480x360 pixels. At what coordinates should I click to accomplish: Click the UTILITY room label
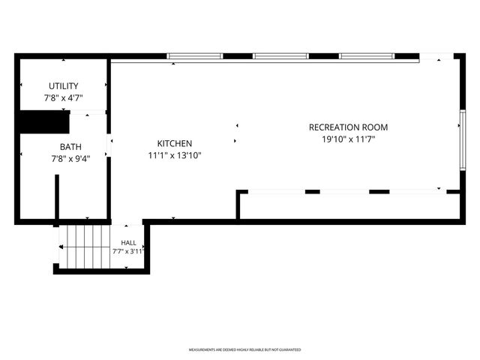pyautogui.click(x=63, y=86)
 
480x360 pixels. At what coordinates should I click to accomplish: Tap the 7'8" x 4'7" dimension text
pyautogui.click(x=63, y=98)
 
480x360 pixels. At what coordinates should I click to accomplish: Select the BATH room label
pyautogui.click(x=70, y=147)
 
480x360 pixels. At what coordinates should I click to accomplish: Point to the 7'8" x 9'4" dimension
pyautogui.click(x=70, y=159)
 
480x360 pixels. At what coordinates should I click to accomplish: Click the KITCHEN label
pyautogui.click(x=175, y=143)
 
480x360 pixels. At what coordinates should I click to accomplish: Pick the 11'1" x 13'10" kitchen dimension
pyautogui.click(x=175, y=155)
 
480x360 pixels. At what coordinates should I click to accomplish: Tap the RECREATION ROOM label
pyautogui.click(x=348, y=127)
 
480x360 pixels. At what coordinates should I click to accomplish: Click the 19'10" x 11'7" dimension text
pyautogui.click(x=348, y=139)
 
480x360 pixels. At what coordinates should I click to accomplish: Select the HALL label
pyautogui.click(x=128, y=243)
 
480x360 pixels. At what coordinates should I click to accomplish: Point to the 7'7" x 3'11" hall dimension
pyautogui.click(x=128, y=252)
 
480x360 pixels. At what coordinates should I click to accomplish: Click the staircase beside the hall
pyautogui.click(x=85, y=247)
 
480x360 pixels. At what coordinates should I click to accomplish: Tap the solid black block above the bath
pyautogui.click(x=45, y=121)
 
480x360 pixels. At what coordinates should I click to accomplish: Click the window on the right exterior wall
pyautogui.click(x=463, y=140)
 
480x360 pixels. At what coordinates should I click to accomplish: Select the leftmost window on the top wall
pyautogui.click(x=195, y=56)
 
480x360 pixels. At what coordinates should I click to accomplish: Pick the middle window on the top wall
pyautogui.click(x=280, y=56)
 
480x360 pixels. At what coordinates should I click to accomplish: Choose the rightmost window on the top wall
pyautogui.click(x=367, y=56)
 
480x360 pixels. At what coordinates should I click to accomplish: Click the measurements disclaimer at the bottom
pyautogui.click(x=244, y=349)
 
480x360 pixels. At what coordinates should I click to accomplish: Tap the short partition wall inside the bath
pyautogui.click(x=57, y=196)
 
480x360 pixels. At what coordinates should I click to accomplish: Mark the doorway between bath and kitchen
pyautogui.click(x=109, y=145)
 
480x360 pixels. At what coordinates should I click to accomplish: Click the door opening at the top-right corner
pyautogui.click(x=436, y=56)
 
